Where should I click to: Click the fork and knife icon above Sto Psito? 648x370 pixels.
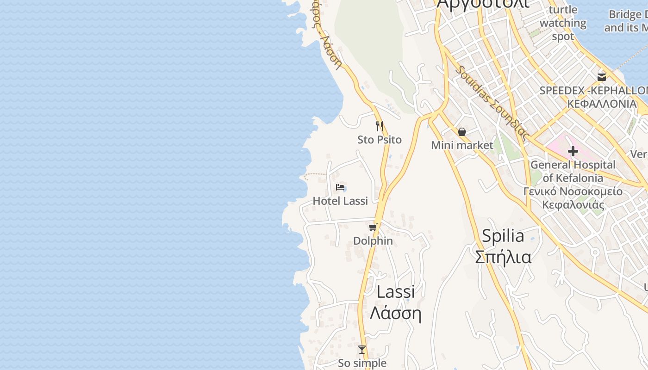point(380,126)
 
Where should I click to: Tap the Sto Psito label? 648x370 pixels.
point(380,140)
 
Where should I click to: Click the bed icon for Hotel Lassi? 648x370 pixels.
point(341,187)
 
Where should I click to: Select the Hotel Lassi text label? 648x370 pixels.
point(340,201)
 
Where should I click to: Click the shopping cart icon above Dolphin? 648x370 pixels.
point(373,227)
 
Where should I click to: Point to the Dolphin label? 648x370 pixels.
point(373,241)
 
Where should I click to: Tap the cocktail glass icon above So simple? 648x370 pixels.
point(362,350)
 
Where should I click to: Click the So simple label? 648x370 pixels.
point(362,363)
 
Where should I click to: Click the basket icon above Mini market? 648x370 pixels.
point(462,132)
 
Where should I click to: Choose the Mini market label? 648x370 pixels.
point(462,145)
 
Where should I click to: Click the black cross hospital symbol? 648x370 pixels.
point(573,151)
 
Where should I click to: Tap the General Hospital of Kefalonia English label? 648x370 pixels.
point(573,171)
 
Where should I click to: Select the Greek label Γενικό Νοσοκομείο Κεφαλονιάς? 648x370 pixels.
point(573,198)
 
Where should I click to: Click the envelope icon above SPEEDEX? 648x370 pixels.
point(602,77)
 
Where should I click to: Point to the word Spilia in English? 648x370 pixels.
point(503,236)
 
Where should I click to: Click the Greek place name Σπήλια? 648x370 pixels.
point(503,257)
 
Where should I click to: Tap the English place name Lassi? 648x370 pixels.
point(396,292)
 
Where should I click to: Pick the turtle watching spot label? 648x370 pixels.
point(563,23)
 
